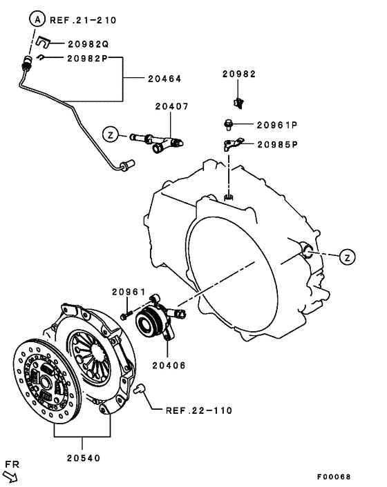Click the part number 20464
point(164,79)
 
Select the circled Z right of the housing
point(348,257)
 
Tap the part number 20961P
point(276,125)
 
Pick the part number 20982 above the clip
point(238,74)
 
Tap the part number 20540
point(84,457)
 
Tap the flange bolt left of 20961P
point(229,124)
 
